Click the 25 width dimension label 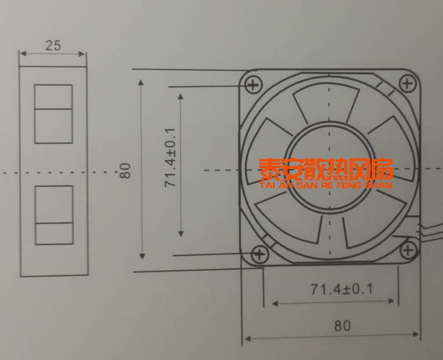(53, 45)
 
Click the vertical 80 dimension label (125, 171)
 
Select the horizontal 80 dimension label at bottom (342, 326)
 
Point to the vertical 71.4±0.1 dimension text (171, 157)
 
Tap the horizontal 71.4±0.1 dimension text (342, 289)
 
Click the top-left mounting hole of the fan (253, 84)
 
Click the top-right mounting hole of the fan (407, 84)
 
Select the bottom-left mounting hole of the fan (259, 255)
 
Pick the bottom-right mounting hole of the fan (408, 250)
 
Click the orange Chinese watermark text (326, 169)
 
